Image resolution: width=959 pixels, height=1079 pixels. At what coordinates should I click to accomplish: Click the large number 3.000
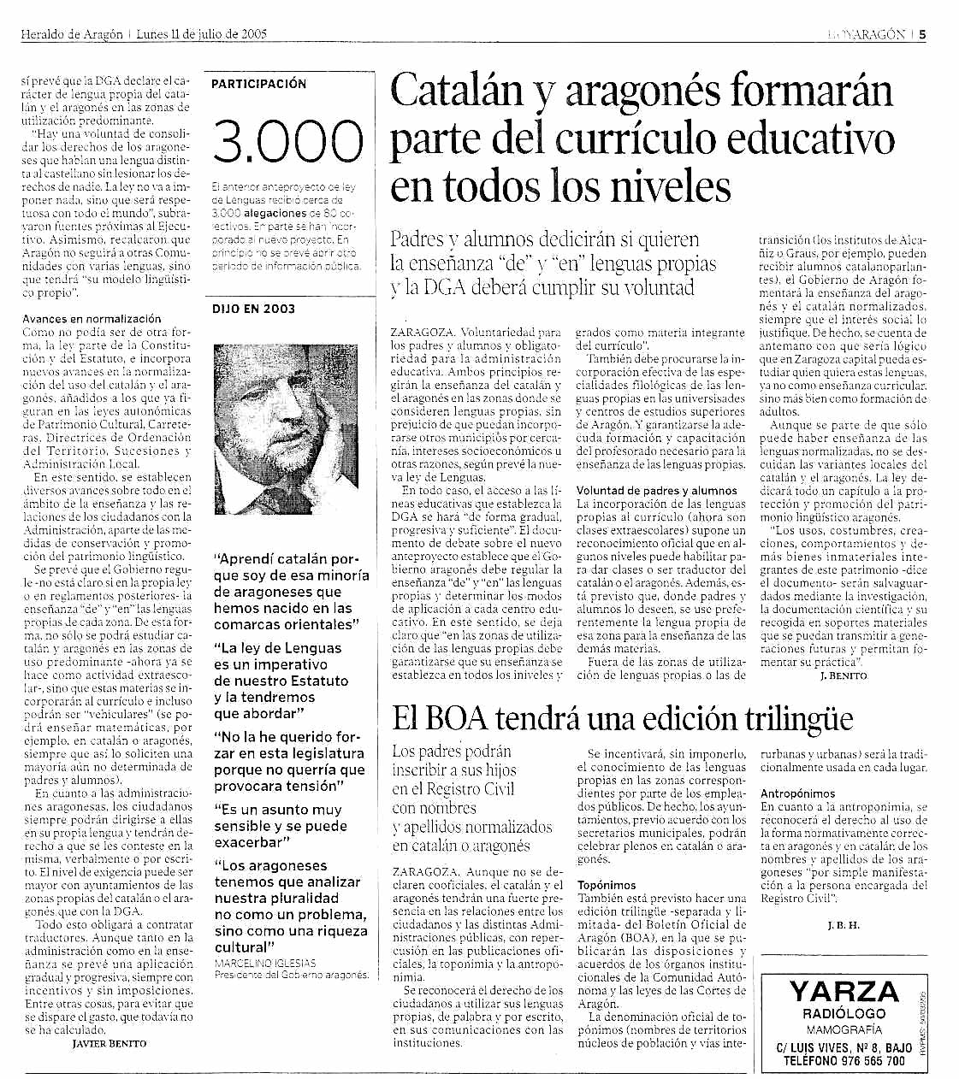[x=287, y=142]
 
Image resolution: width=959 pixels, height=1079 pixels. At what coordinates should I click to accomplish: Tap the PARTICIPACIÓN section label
[x=258, y=84]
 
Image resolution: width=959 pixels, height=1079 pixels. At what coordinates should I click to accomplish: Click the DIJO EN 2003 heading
[x=253, y=309]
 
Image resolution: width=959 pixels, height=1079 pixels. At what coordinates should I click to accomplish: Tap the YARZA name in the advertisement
[x=844, y=992]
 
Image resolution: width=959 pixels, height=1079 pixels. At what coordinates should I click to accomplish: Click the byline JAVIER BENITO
[x=109, y=1043]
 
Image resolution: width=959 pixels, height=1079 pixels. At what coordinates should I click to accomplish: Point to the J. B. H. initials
[x=844, y=926]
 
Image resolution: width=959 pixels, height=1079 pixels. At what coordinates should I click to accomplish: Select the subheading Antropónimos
[x=797, y=793]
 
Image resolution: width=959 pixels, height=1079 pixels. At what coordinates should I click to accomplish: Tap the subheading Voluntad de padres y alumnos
[x=656, y=491]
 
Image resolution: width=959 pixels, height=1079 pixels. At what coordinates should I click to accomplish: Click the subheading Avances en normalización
[x=92, y=319]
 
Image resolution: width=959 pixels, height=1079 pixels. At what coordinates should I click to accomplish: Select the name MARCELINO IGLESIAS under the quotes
[x=264, y=963]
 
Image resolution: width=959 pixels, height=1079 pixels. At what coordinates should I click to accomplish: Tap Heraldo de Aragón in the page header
[x=73, y=34]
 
